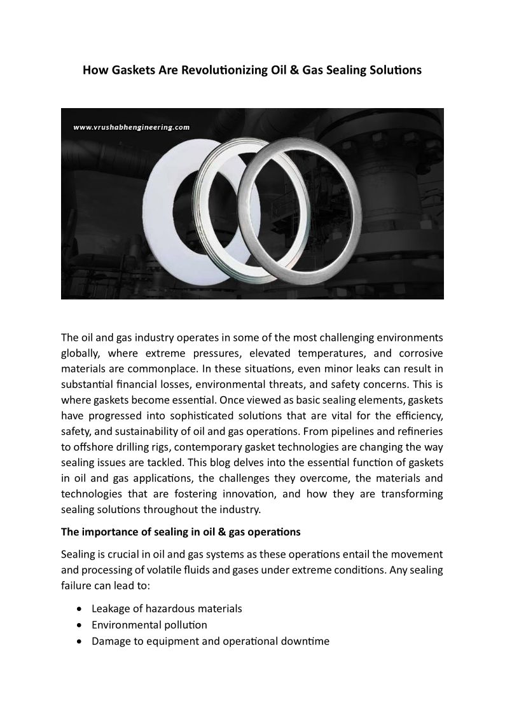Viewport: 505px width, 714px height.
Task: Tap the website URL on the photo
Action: coord(132,127)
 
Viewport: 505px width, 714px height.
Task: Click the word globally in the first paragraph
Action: coord(80,353)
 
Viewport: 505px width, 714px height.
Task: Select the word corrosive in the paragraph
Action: coord(420,353)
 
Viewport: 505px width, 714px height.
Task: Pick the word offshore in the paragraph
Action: coord(93,446)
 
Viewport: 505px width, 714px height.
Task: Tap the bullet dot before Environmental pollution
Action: coord(78,626)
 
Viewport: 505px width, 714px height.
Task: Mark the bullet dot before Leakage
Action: coord(78,609)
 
